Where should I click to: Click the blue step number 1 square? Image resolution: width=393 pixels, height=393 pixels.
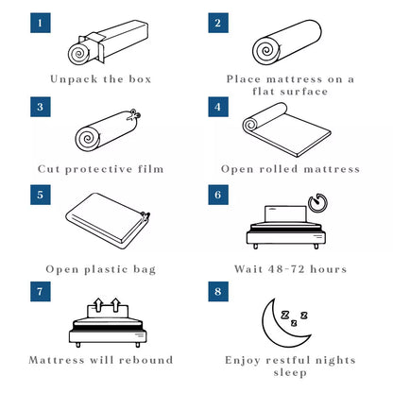pyautogui.click(x=41, y=23)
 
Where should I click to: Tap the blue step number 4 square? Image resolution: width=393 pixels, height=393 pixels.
pyautogui.click(x=218, y=107)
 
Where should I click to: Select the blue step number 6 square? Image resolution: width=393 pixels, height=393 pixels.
pyautogui.click(x=218, y=195)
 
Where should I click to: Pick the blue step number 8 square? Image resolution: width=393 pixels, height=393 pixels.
pyautogui.click(x=218, y=291)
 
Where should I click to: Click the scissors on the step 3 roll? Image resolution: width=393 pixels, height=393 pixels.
pyautogui.click(x=134, y=114)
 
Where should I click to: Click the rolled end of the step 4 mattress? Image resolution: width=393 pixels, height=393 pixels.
pyautogui.click(x=250, y=125)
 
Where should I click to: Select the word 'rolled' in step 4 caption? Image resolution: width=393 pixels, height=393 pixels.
pyautogui.click(x=279, y=169)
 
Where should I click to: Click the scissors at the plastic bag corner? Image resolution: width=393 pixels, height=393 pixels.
pyautogui.click(x=145, y=216)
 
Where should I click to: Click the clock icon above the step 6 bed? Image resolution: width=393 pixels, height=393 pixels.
pyautogui.click(x=317, y=202)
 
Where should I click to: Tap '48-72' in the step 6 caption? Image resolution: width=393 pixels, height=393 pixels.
pyautogui.click(x=286, y=269)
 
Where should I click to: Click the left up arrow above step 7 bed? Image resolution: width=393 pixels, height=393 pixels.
pyautogui.click(x=98, y=304)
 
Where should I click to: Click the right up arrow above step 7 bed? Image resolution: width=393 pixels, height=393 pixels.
pyautogui.click(x=116, y=304)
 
